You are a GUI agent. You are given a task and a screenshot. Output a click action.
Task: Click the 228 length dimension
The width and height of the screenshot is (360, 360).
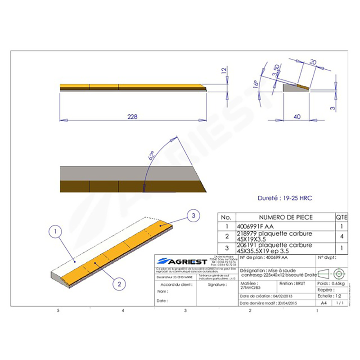pos(132,117)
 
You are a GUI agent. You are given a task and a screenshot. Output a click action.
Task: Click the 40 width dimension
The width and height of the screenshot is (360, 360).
pos(297,117)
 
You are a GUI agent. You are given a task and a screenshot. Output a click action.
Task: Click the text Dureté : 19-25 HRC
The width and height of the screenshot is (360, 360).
pos(281,198)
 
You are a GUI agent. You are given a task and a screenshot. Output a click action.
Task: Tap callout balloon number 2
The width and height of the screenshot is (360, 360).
pos(119,283)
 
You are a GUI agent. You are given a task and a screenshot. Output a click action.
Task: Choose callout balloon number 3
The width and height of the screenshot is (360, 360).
pos(193,216)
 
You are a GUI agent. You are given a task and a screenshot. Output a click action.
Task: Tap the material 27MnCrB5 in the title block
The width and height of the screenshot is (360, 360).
pos(248,287)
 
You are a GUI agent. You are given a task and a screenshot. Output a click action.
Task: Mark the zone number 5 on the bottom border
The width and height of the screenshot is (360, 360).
pos(58,311)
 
